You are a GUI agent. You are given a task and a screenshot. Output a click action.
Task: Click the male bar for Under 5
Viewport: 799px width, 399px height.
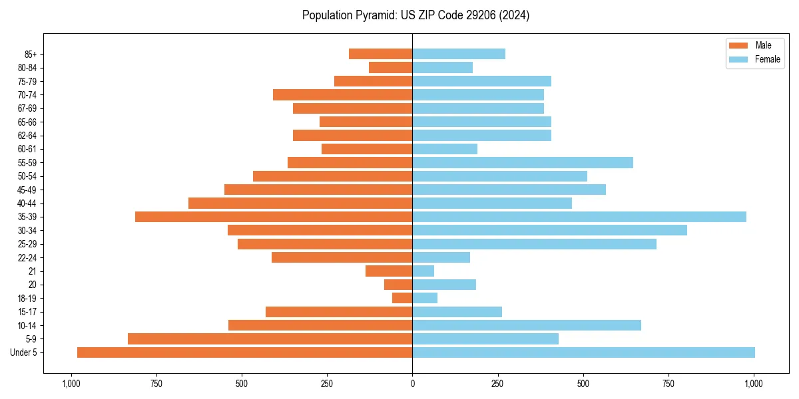(x=244, y=352)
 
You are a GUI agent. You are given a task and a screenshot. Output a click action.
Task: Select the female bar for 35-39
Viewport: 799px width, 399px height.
(x=579, y=217)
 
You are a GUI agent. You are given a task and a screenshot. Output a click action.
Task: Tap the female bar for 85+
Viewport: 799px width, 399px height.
(x=459, y=54)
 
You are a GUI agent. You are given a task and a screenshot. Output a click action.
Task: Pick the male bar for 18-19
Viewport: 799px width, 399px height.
(x=402, y=298)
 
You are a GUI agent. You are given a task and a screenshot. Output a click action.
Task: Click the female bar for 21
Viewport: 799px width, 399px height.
(x=423, y=271)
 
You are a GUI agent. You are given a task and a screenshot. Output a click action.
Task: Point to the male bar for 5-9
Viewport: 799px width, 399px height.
(x=270, y=339)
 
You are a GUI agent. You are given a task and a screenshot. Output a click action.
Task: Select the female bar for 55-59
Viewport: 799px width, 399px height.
(x=523, y=162)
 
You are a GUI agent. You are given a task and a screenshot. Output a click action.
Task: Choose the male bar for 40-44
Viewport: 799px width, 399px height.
(x=300, y=203)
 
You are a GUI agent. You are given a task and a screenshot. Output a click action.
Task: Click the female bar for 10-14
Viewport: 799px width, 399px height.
(x=527, y=325)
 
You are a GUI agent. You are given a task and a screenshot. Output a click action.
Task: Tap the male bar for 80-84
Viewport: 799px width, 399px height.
(x=390, y=67)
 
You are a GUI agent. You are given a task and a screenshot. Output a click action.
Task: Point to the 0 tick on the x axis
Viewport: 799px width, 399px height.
(x=412, y=384)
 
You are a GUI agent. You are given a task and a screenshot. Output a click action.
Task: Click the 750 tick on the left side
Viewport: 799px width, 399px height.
(x=156, y=384)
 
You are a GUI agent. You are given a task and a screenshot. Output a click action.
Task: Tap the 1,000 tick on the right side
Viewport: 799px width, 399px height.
(x=754, y=384)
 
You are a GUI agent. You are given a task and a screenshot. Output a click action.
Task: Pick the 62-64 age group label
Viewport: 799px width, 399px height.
(x=27, y=135)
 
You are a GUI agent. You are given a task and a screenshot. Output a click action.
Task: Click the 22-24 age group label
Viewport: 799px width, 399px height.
(x=27, y=257)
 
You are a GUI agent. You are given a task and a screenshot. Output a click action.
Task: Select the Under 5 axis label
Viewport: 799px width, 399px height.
(x=23, y=352)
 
